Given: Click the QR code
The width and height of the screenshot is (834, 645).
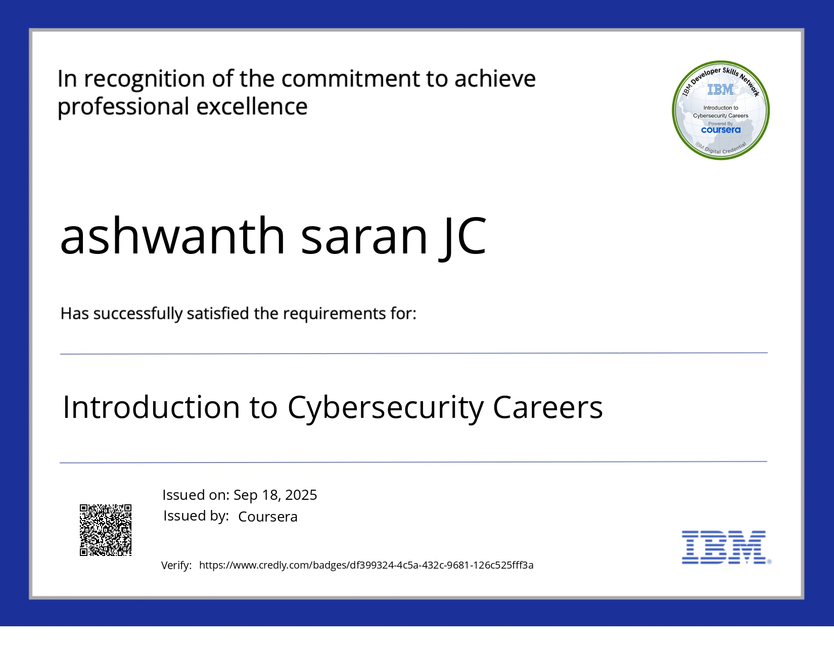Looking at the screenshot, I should (x=106, y=530).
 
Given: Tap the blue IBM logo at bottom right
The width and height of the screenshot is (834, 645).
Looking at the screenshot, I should (x=725, y=547).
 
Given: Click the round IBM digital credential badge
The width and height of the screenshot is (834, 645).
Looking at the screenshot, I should (x=721, y=110).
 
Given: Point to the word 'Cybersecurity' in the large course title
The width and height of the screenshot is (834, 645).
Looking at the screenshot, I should (x=385, y=408).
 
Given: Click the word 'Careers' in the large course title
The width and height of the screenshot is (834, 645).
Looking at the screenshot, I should (x=547, y=408).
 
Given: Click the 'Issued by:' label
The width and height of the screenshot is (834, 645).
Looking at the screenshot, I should (x=196, y=516).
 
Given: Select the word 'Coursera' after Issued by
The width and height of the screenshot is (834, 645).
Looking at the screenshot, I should (x=268, y=517).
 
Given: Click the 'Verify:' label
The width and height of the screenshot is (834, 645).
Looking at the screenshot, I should (x=176, y=566).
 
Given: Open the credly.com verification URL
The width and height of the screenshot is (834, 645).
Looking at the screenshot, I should (x=366, y=565).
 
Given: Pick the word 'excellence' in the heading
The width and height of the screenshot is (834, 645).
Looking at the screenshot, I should (x=252, y=107).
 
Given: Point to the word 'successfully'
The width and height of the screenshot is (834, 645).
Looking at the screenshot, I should (x=137, y=314).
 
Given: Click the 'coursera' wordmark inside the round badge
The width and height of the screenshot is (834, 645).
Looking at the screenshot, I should (x=721, y=130).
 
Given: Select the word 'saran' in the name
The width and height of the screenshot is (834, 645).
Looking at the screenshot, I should (x=364, y=236).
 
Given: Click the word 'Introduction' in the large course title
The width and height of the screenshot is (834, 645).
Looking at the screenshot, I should (x=151, y=408).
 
